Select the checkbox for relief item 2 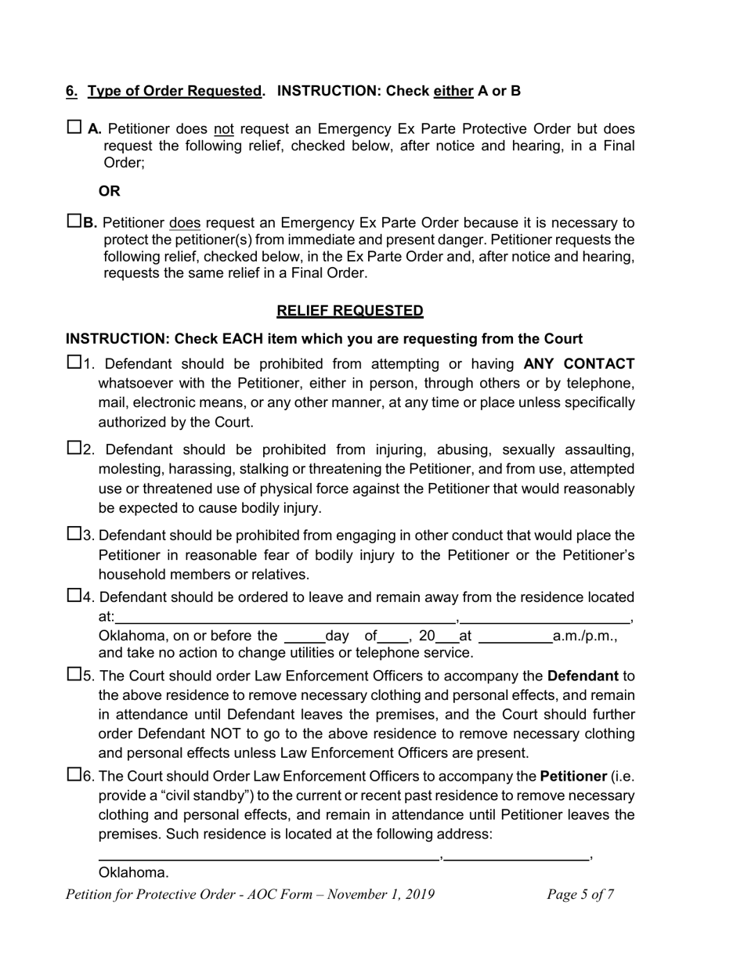pyautogui.click(x=74, y=448)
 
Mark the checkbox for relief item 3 pyautogui.click(x=74, y=534)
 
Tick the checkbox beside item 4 pyautogui.click(x=74, y=596)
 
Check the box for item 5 pyautogui.click(x=74, y=674)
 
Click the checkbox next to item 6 pyautogui.click(x=74, y=775)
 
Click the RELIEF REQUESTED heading pyautogui.click(x=349, y=311)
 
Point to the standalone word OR pyautogui.click(x=110, y=191)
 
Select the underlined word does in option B pyautogui.click(x=185, y=223)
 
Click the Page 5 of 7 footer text pyautogui.click(x=580, y=895)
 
